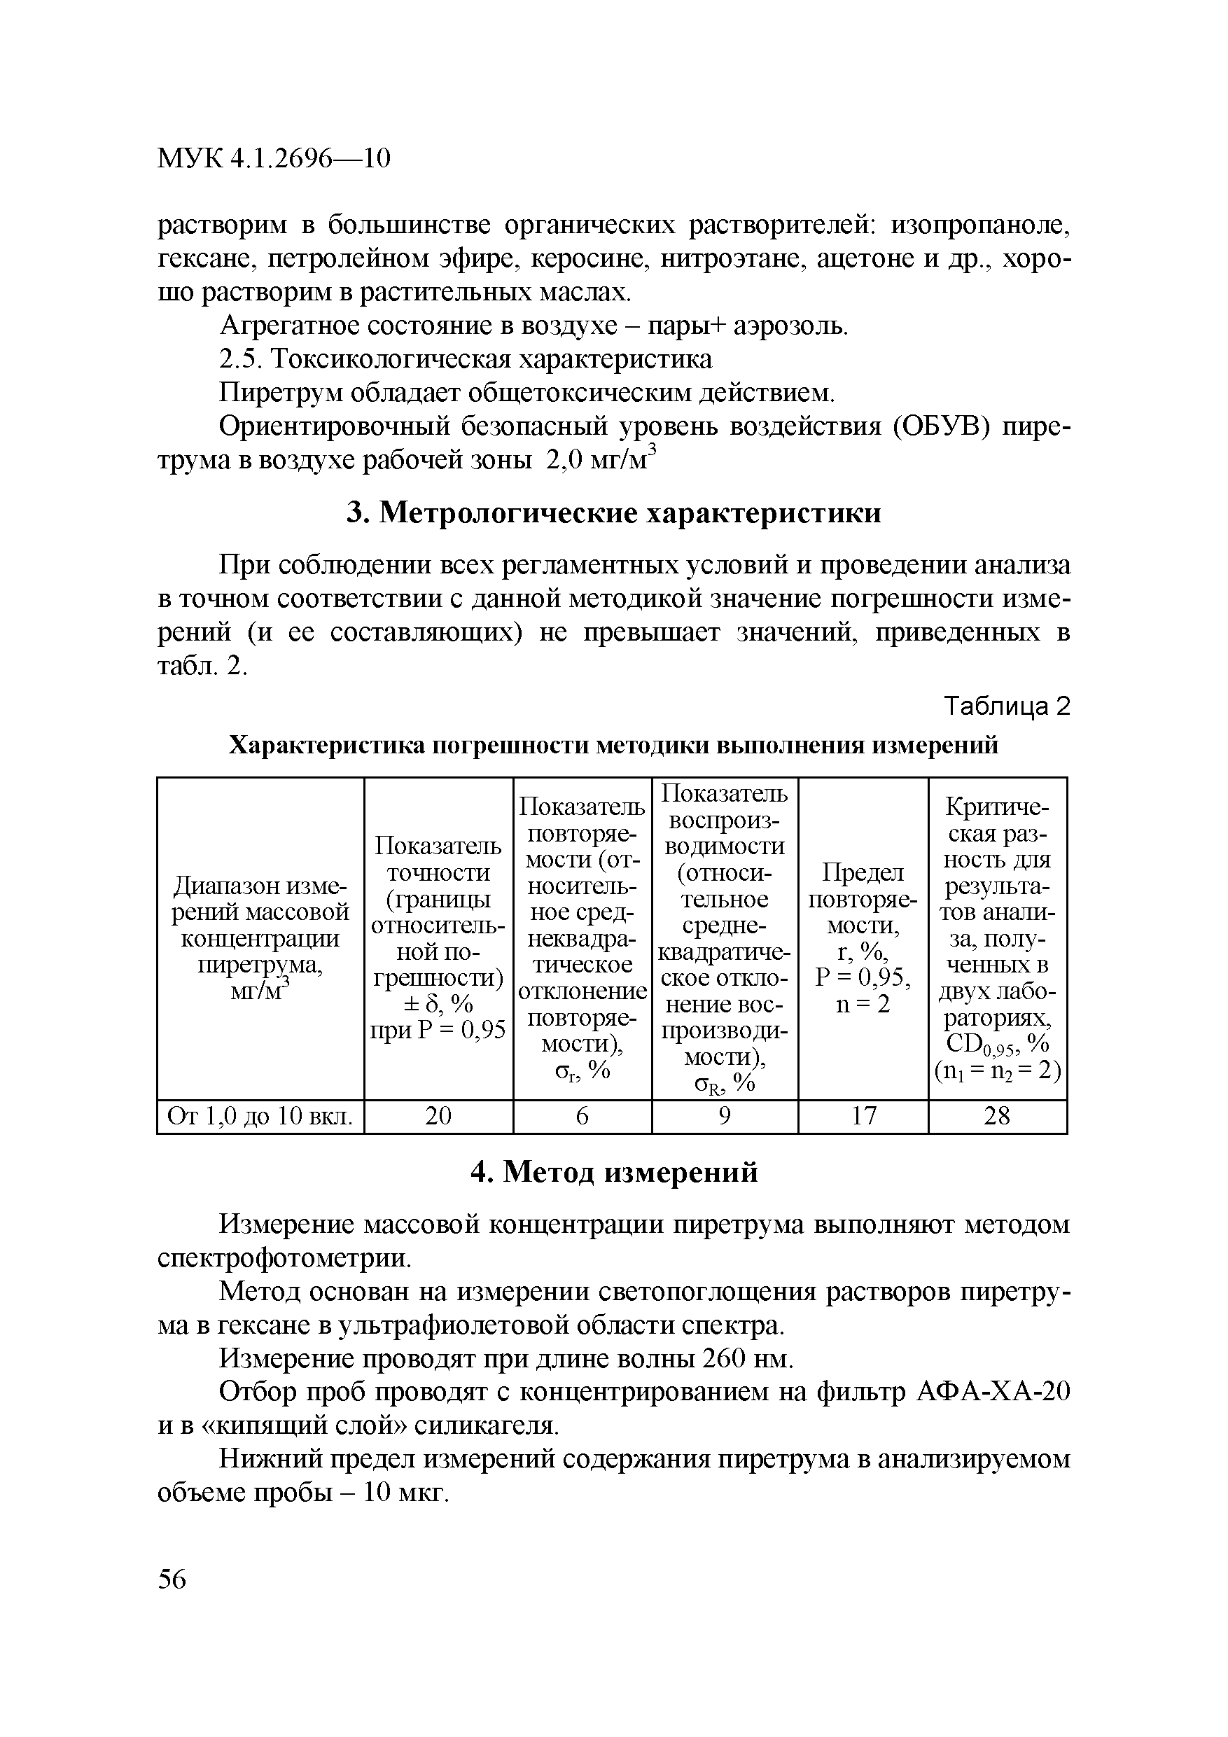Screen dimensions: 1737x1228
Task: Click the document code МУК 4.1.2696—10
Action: (x=274, y=158)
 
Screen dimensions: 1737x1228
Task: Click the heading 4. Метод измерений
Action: (x=613, y=1172)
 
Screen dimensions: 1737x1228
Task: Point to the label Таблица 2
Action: (x=1007, y=706)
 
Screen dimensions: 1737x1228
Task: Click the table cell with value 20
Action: (x=438, y=1116)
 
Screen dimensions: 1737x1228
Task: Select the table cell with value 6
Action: (x=582, y=1116)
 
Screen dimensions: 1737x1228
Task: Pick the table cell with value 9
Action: (x=724, y=1116)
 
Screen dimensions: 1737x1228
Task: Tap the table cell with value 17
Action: (x=863, y=1116)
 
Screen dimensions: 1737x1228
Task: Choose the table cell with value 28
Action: (x=996, y=1116)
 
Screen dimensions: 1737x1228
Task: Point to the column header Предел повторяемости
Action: (x=863, y=938)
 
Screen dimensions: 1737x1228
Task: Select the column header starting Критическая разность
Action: (x=997, y=938)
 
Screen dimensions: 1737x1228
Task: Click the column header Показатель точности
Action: (x=438, y=938)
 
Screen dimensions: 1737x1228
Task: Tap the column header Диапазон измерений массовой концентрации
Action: (x=260, y=938)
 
